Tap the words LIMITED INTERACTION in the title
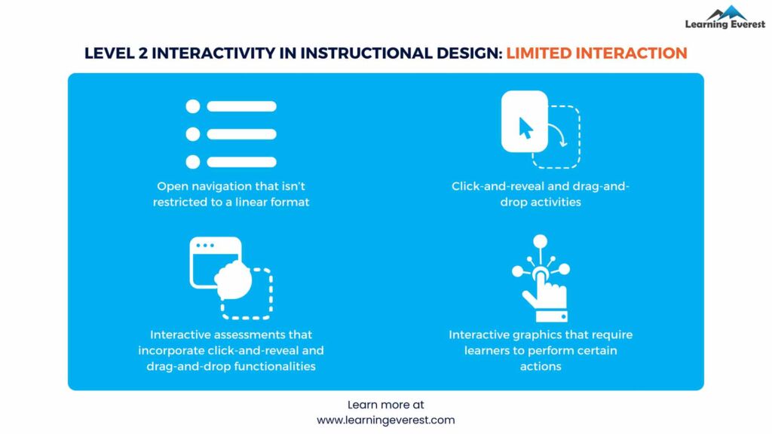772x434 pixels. (596, 53)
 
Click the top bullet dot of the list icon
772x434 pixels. (192, 106)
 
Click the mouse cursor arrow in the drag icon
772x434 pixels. (525, 129)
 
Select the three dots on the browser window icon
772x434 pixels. (205, 246)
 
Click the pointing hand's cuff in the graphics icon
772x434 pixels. (554, 316)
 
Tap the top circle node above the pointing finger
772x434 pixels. (540, 242)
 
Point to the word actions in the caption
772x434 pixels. (540, 366)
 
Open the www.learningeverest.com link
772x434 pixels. (385, 420)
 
